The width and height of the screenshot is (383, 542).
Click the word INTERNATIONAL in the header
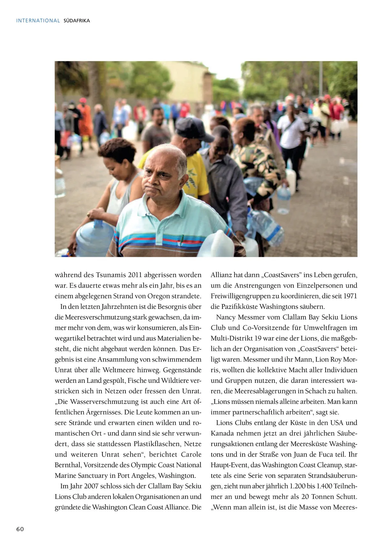tap(38, 21)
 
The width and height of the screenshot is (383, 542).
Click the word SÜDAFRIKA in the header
tap(77, 21)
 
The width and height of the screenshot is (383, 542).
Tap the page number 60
tap(20, 529)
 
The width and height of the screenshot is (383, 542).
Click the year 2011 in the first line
tap(135, 275)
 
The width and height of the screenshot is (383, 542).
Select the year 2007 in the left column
tap(92, 486)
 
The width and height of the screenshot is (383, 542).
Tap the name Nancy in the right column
tap(226, 317)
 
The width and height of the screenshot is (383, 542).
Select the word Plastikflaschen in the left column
tap(158, 444)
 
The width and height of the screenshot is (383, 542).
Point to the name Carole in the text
tap(191, 454)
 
